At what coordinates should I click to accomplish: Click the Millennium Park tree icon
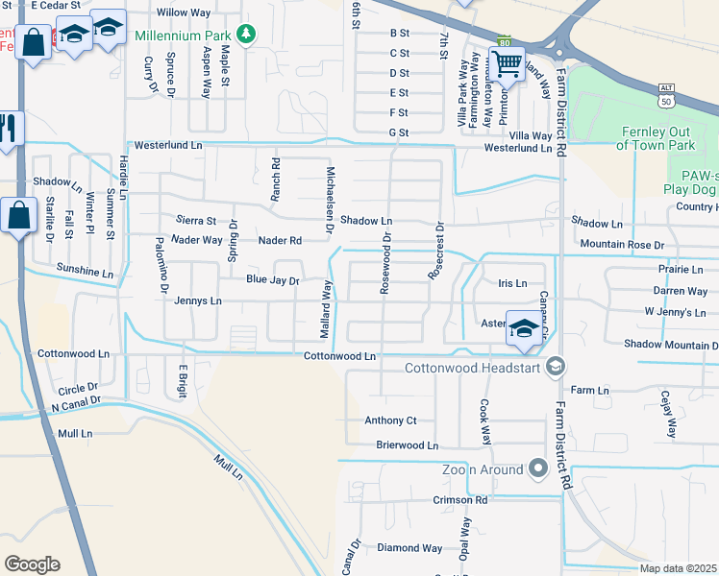247,35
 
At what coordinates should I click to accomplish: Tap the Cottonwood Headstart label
475,367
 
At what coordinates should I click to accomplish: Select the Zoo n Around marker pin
537,468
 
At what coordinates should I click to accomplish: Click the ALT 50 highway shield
665,95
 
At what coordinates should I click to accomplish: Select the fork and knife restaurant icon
9,129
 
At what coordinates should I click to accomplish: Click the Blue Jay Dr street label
273,281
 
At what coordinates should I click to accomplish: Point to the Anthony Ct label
390,420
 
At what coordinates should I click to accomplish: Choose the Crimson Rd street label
459,500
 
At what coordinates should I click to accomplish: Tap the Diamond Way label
409,548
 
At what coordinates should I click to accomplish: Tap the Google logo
32,564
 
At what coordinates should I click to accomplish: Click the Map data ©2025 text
678,568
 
